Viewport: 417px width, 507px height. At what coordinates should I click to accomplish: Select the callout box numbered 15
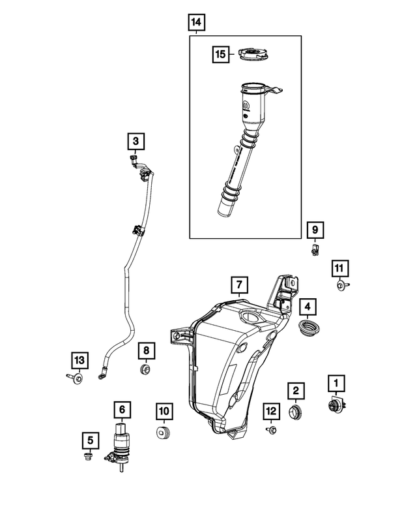222,54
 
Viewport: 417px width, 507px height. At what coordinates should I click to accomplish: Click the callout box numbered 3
136,140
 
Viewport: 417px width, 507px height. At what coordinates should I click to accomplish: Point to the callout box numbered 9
315,230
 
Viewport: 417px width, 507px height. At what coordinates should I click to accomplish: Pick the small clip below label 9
315,249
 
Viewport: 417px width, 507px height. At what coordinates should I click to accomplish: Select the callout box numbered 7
239,285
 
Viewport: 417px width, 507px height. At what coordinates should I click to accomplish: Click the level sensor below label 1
337,406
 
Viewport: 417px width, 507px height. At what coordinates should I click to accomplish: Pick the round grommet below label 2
296,411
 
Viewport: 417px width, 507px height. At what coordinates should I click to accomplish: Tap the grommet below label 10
164,434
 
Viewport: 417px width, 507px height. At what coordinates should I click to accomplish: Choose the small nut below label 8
145,371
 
